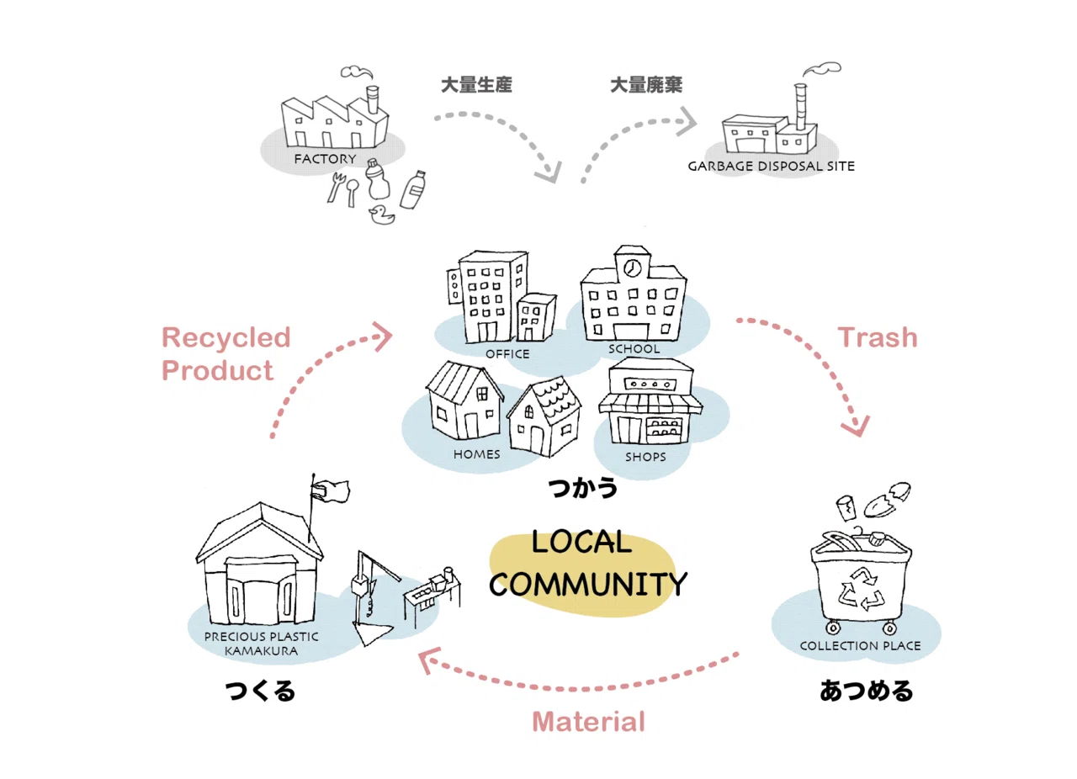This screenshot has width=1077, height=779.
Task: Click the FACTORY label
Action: [x=325, y=159]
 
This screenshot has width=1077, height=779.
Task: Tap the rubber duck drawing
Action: [x=382, y=215]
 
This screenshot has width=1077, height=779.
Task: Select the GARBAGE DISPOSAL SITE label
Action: [x=771, y=167]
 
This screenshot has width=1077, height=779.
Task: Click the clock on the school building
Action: [x=632, y=268]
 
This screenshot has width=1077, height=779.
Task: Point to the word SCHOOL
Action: [x=634, y=349]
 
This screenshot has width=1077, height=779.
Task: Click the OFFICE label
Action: [x=507, y=354]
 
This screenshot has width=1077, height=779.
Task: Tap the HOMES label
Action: [x=476, y=454]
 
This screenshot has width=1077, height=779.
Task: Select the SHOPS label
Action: [x=645, y=457]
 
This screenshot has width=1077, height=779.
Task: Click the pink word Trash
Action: [x=878, y=337]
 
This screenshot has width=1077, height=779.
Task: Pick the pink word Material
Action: [x=588, y=722]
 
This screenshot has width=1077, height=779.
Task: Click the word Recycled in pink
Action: [x=226, y=337]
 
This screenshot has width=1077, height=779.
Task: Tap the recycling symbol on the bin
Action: [x=862, y=589]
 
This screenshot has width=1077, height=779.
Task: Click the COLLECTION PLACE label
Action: [x=860, y=646]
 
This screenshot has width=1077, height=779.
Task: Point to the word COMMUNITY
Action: [x=588, y=584]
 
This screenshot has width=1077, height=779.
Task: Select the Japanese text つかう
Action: [x=583, y=488]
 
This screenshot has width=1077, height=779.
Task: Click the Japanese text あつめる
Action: [x=866, y=691]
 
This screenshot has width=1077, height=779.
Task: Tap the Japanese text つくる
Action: [x=260, y=691]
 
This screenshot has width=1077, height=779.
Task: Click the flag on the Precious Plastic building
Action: [x=331, y=491]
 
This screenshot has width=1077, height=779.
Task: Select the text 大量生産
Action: [x=476, y=85]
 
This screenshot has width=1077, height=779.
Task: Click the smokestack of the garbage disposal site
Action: [x=800, y=107]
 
